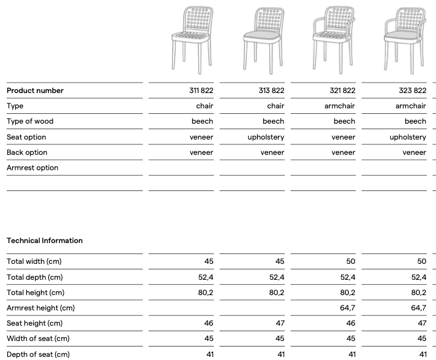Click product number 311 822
tap(201, 91)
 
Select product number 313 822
tap(272, 91)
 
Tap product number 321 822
tap(342, 91)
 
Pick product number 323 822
tap(413, 91)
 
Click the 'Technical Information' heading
tap(45, 241)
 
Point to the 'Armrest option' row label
tap(32, 168)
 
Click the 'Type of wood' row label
tap(30, 121)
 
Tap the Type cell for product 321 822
tap(340, 106)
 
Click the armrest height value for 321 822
tap(347, 308)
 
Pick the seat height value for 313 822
tap(280, 323)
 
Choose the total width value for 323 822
tap(421, 261)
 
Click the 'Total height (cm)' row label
tap(36, 293)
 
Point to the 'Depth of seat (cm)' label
tap(38, 354)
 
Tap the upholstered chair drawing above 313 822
tap(263, 38)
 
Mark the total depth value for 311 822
tap(206, 277)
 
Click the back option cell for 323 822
tap(414, 152)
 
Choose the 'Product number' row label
tap(35, 91)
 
